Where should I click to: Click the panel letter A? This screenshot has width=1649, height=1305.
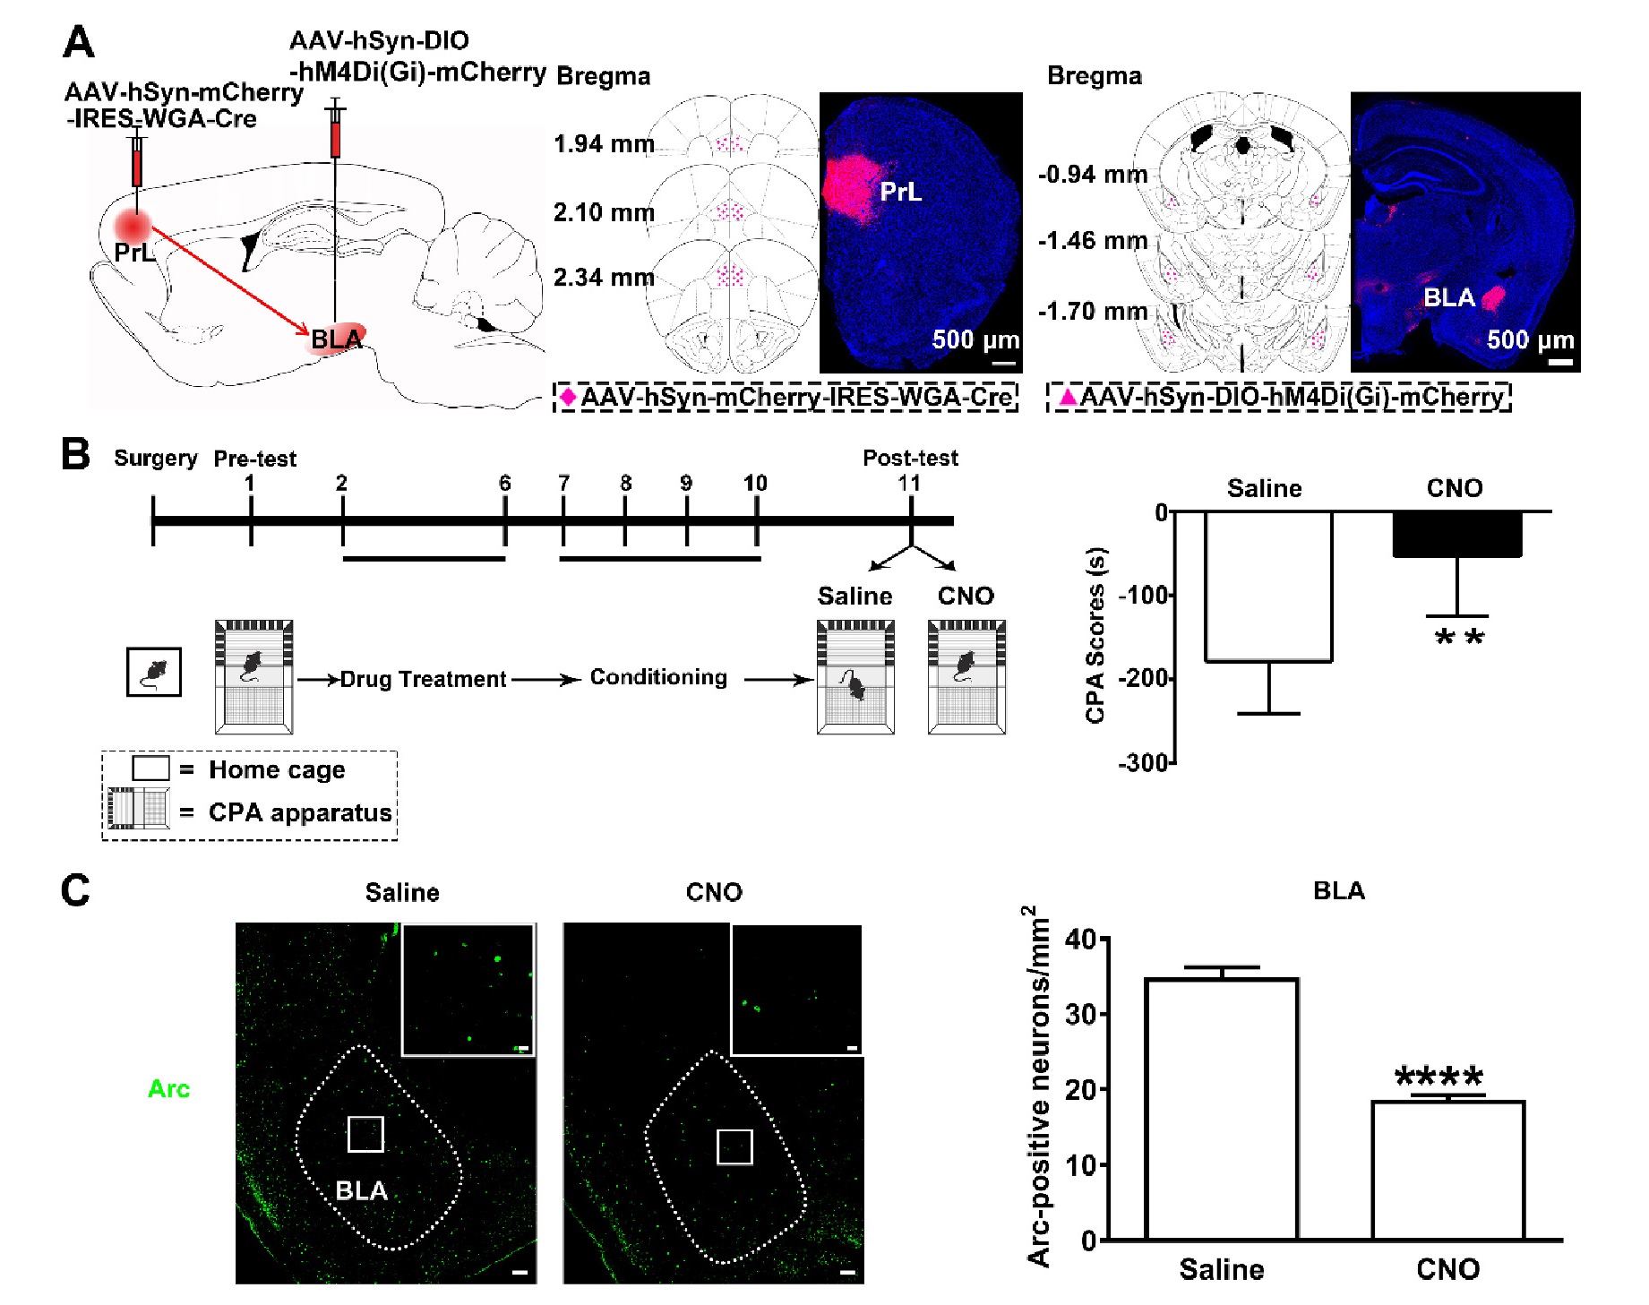(x=79, y=42)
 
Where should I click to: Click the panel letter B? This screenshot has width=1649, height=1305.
(x=75, y=453)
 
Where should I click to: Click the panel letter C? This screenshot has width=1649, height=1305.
(x=75, y=890)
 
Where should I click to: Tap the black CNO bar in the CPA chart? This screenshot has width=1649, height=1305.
(x=1456, y=535)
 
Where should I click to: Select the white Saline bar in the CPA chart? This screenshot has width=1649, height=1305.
(x=1268, y=586)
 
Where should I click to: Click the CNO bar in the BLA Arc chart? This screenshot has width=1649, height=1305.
(x=1447, y=1170)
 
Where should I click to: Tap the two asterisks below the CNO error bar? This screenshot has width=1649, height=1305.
(x=1459, y=639)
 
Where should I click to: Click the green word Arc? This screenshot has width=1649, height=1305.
(x=168, y=1089)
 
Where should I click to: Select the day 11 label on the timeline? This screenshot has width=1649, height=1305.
(x=909, y=484)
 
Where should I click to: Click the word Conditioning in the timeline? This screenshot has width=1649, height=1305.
(x=658, y=677)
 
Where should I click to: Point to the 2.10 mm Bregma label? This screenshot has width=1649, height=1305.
(x=604, y=213)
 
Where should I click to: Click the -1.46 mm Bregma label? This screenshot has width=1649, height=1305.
(x=1092, y=241)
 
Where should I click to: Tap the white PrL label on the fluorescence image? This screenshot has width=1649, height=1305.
(x=900, y=192)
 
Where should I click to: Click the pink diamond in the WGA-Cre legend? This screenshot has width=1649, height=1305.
(x=568, y=396)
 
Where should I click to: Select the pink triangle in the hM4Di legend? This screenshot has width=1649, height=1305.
(x=1067, y=396)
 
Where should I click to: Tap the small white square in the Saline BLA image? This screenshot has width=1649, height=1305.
(x=365, y=1134)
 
